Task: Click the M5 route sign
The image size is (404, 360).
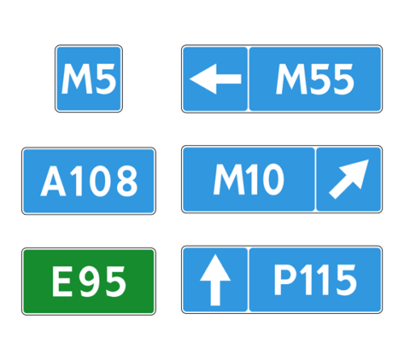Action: coord(89,78)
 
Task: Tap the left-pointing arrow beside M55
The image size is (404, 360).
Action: coord(216,79)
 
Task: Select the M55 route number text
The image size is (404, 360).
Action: coord(315,79)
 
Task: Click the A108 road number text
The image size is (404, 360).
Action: coord(89,181)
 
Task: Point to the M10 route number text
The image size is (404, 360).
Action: coord(249,179)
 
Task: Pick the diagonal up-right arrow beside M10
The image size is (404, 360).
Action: coord(349,179)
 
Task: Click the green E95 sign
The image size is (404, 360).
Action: coord(89,281)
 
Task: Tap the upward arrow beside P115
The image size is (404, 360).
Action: coord(215,280)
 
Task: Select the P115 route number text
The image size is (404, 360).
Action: coord(315,279)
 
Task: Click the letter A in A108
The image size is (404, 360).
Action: coord(53,181)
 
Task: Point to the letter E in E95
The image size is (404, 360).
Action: coord(62,281)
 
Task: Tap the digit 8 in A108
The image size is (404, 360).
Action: coord(127,181)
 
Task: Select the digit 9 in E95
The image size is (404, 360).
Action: coord(90,281)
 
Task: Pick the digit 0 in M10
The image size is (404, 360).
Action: coord(273,179)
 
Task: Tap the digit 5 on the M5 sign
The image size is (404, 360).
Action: coord(105,79)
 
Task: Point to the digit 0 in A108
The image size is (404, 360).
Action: coord(100,181)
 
